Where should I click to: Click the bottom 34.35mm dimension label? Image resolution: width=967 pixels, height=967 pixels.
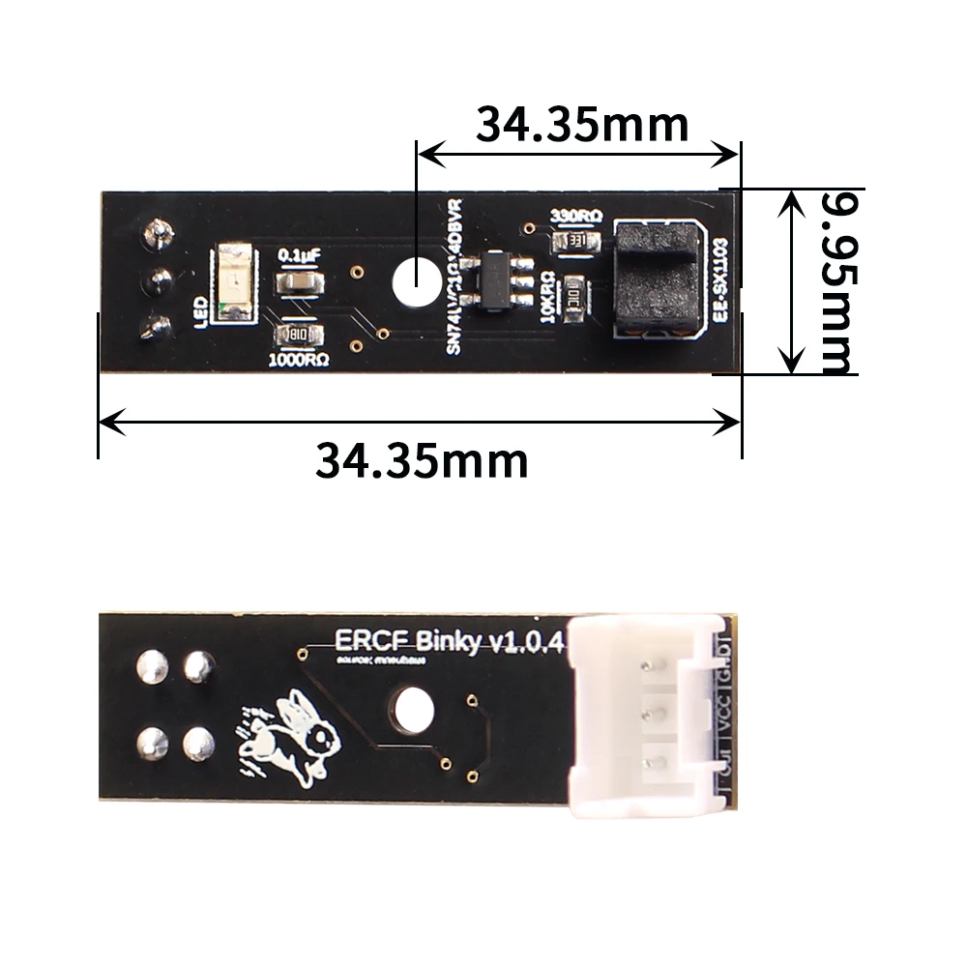pyautogui.click(x=422, y=460)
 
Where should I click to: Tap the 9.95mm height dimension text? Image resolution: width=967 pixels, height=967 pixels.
pyautogui.click(x=836, y=281)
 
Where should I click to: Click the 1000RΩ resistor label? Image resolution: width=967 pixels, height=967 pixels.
pyautogui.click(x=298, y=360)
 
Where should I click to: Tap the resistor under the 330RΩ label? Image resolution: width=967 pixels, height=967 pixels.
pyautogui.click(x=579, y=240)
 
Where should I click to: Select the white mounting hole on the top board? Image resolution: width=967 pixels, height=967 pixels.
pyautogui.click(x=415, y=281)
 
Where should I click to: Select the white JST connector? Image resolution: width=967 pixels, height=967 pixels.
pyautogui.click(x=646, y=712)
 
